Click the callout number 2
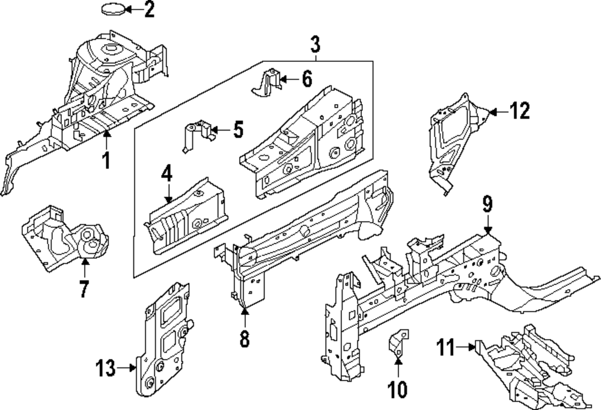149,9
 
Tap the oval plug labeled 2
114,9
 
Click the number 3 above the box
315,44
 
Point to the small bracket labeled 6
267,82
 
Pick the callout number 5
239,129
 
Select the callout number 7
84,289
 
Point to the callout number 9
487,204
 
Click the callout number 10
397,389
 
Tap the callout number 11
446,347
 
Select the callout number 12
520,111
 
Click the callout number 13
106,368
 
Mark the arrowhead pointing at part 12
493,112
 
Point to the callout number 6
307,79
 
